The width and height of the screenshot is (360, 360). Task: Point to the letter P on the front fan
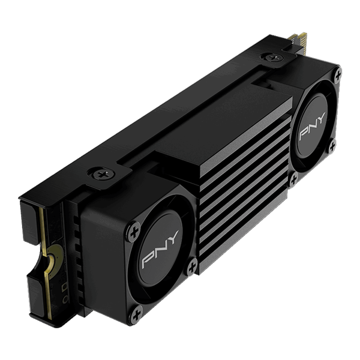pos(146,260)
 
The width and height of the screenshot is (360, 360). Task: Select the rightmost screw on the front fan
pos(191,265)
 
